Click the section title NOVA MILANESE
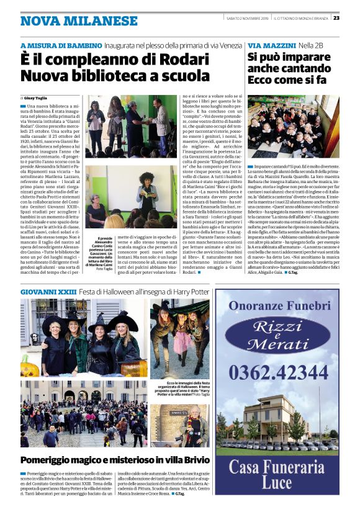point(79,20)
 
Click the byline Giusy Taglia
point(38,98)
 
